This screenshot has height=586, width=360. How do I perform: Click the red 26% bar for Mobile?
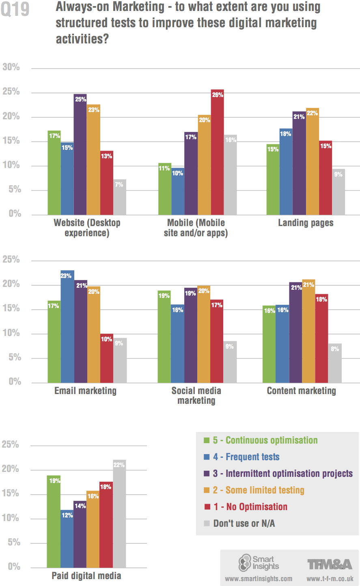coord(217,152)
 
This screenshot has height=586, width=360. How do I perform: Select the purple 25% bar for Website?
coord(80,154)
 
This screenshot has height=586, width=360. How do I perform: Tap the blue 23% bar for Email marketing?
coord(67,327)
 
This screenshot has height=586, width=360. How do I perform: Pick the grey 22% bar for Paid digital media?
coord(119,514)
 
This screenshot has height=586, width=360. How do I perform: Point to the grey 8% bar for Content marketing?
coord(335,363)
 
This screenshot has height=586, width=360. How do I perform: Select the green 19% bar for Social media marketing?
coord(164,337)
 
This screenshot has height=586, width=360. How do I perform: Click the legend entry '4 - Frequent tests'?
coord(246,457)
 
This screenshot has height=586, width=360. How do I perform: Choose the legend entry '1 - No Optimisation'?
coord(250,507)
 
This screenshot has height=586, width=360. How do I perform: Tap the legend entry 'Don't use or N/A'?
coord(244,524)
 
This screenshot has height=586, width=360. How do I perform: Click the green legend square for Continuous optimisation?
coord(207,440)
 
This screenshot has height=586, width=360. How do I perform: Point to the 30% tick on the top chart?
coord(11,67)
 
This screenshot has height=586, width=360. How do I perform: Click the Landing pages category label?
coord(306,223)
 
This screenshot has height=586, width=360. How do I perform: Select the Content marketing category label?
coord(301,391)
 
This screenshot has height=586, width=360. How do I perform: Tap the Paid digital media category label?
coord(86,576)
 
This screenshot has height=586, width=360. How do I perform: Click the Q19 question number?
coord(15,9)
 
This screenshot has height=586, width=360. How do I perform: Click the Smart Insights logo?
coord(259,563)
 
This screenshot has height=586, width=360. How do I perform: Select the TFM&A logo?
coord(330,564)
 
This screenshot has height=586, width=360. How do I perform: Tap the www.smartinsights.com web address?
coord(259,579)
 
